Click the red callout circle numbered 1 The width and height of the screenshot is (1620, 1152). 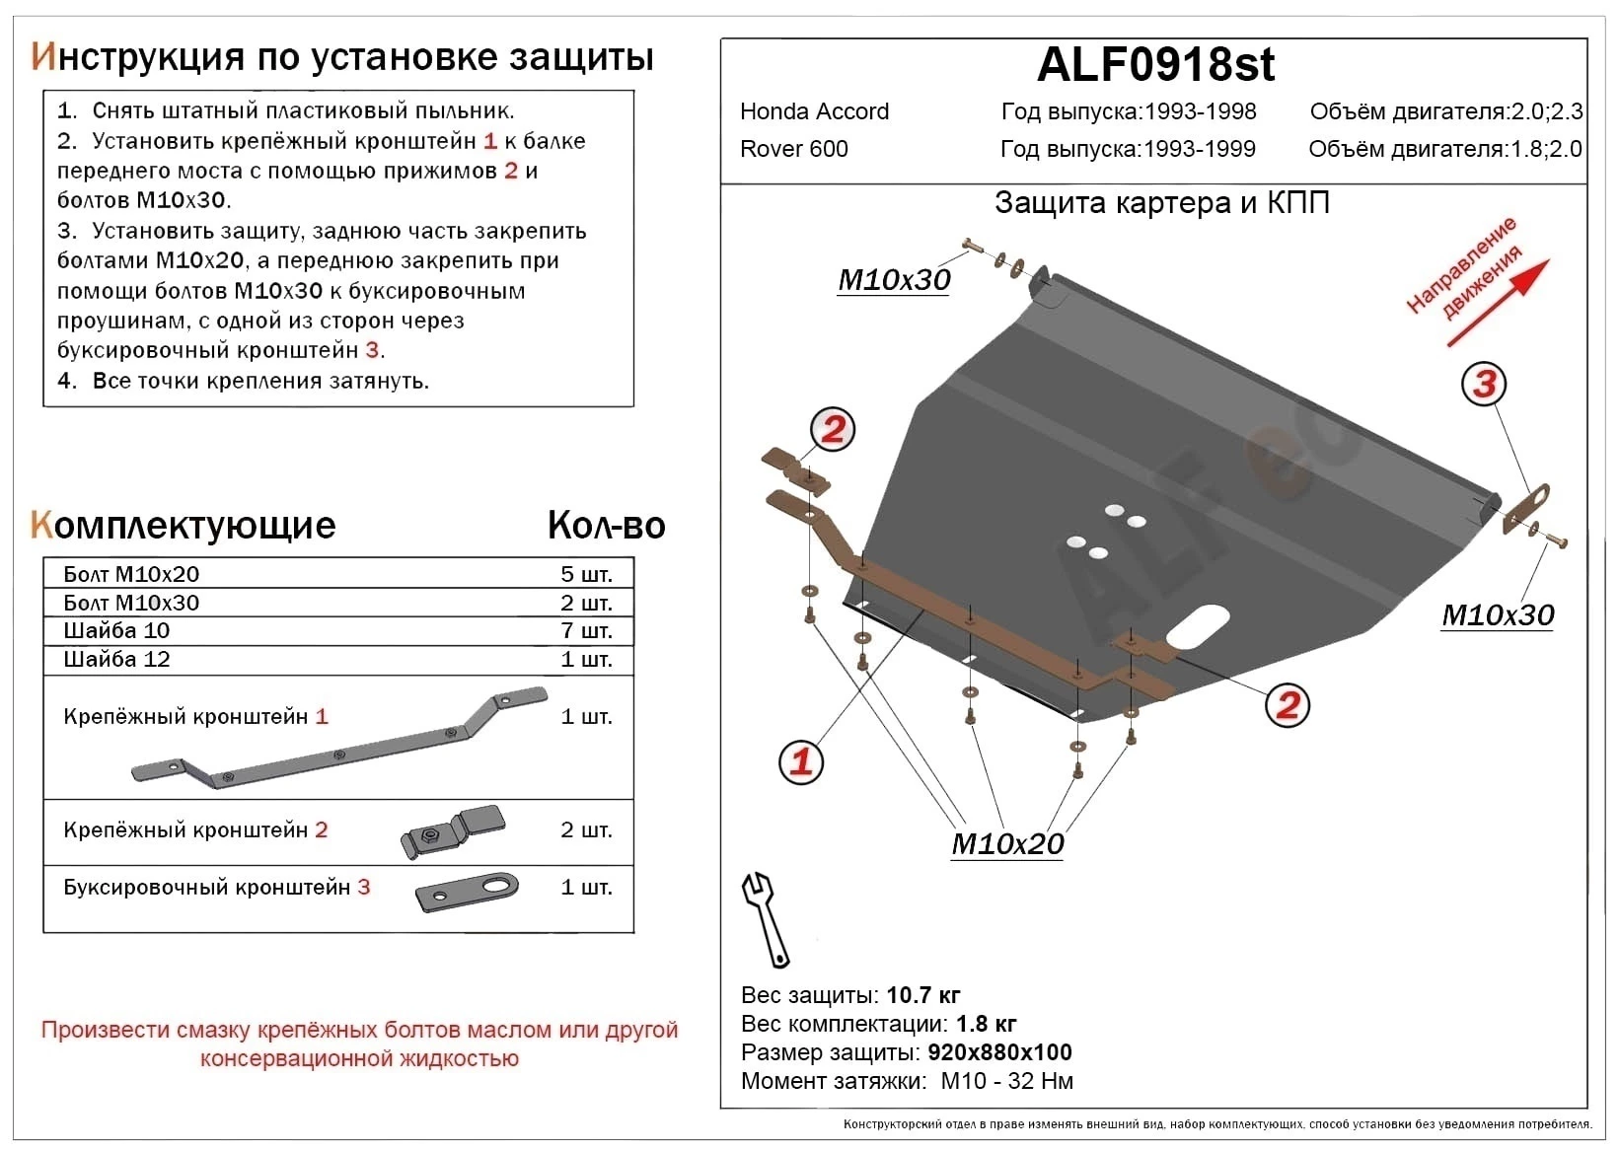(800, 761)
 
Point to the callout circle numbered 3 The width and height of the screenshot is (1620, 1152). (1484, 384)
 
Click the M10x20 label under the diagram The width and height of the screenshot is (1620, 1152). (1007, 844)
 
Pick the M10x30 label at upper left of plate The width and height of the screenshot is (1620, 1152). (894, 280)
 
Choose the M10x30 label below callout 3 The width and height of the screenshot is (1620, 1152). (1498, 615)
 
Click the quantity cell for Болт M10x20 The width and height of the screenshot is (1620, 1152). (586, 574)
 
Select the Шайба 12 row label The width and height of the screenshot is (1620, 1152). (116, 659)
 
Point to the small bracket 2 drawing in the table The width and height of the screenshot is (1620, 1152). (453, 830)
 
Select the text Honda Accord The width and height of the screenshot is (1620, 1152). (814, 111)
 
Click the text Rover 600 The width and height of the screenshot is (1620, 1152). (793, 149)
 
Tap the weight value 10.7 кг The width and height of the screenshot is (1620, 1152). (923, 995)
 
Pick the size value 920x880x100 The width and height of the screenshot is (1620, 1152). (999, 1052)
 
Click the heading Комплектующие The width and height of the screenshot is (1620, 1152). (184, 526)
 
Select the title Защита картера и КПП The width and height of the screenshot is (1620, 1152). (1161, 203)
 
